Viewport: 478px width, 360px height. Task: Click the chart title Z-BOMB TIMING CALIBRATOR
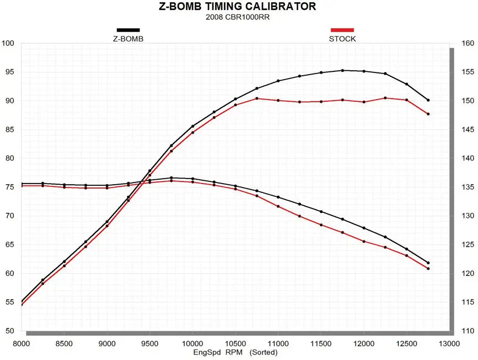(x=239, y=7)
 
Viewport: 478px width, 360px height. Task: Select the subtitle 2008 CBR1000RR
(x=239, y=17)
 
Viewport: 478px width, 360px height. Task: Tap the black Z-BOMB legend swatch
(x=128, y=30)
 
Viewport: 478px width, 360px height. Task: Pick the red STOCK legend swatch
(x=342, y=30)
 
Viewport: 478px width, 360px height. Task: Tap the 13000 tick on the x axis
(x=449, y=343)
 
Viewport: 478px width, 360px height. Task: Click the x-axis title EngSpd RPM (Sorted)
(x=235, y=352)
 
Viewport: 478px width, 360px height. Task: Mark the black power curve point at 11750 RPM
(x=342, y=70)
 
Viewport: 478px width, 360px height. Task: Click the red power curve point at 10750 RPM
(x=257, y=98)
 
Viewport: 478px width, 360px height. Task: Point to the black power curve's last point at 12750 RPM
(x=428, y=100)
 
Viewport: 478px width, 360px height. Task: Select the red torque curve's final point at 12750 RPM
(x=428, y=269)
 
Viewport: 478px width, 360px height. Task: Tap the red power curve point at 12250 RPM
(x=385, y=98)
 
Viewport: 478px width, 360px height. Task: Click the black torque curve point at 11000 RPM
(x=278, y=197)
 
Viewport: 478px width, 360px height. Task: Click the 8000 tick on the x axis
(x=21, y=343)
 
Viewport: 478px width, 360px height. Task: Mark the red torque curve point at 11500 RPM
(x=321, y=225)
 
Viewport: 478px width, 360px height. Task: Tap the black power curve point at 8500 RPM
(x=64, y=262)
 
